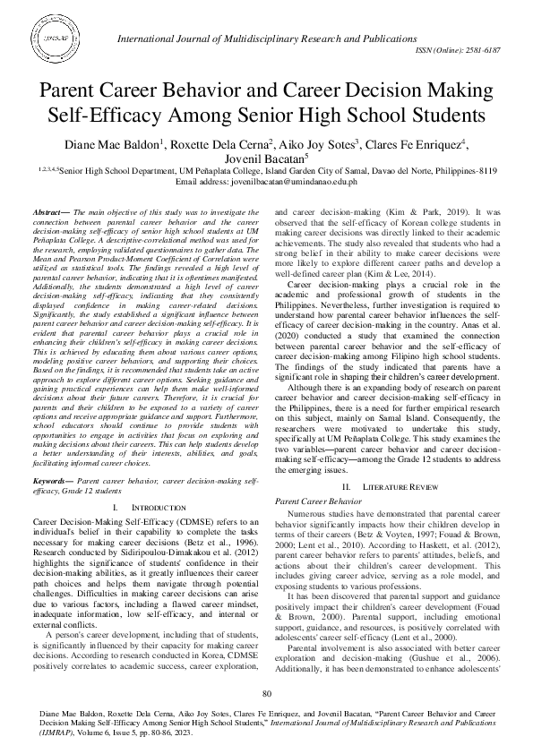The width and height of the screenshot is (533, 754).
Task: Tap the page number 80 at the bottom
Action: pyautogui.click(x=266, y=696)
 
